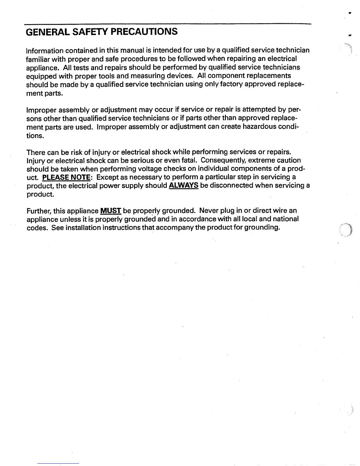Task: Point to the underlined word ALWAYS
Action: point(184,186)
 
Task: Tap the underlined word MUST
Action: point(111,211)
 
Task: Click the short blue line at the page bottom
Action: point(58,463)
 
